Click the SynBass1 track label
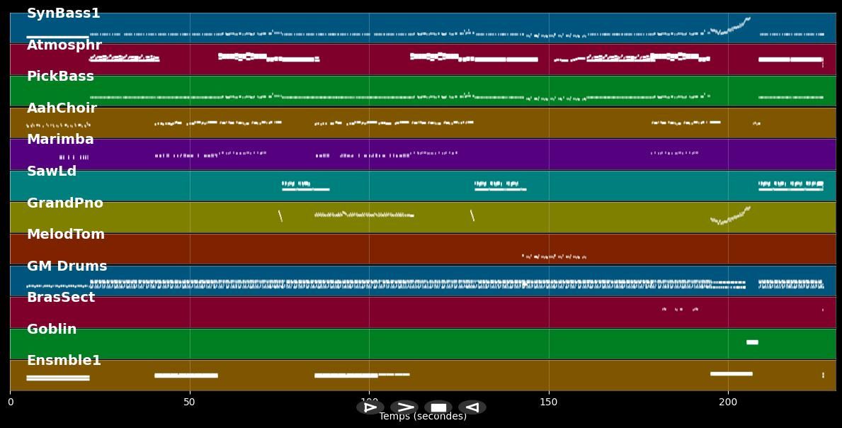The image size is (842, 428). point(63,13)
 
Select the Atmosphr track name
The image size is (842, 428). point(64,45)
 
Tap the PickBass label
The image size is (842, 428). point(60,77)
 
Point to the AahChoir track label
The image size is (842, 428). point(62,108)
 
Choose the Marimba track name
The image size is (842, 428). point(60,140)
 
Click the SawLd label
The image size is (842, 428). point(52,171)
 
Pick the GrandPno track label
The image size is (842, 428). point(64,203)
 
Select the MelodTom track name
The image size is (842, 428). point(65,235)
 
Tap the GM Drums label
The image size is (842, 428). point(67,266)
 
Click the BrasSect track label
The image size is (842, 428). point(60,298)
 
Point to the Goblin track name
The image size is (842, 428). point(52,330)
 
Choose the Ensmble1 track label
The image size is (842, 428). point(64,361)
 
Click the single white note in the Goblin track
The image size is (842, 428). point(752,342)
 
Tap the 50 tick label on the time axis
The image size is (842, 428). point(189,402)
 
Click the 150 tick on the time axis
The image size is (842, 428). point(548,402)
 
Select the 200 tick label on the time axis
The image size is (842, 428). point(728,402)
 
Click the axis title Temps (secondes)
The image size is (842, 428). point(423,417)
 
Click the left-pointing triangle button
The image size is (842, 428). point(472,407)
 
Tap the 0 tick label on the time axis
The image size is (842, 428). point(10,402)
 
